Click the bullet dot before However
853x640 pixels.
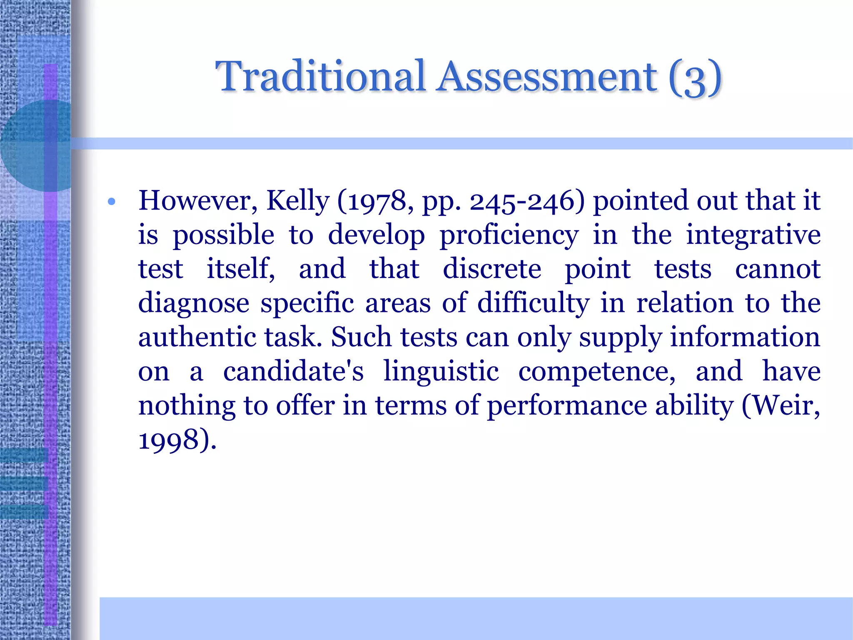(111, 202)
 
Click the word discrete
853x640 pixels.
(491, 269)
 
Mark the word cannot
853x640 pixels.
(778, 269)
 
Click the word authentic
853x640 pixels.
(197, 337)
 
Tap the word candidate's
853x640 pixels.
(293, 371)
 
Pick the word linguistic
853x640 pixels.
(441, 371)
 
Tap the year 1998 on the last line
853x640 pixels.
(168, 440)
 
